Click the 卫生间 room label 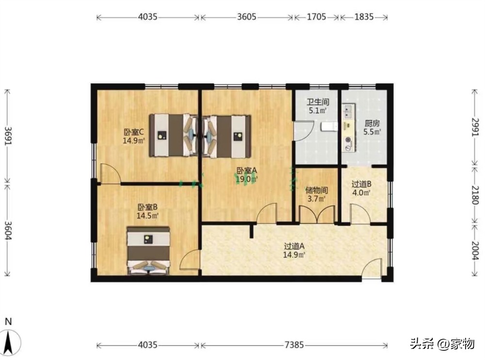pyautogui.click(x=318, y=102)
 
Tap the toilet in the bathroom pyautogui.click(x=329, y=126)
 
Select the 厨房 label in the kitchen pyautogui.click(x=372, y=124)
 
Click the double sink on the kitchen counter pyautogui.click(x=348, y=112)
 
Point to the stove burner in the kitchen pyautogui.click(x=349, y=141)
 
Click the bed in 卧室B pyautogui.click(x=148, y=250)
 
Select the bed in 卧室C pyautogui.click(x=174, y=135)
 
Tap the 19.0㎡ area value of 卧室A pyautogui.click(x=246, y=179)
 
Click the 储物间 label pyautogui.click(x=316, y=190)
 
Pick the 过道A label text pyautogui.click(x=294, y=246)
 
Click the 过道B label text pyautogui.click(x=361, y=184)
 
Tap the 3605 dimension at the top pyautogui.click(x=246, y=16)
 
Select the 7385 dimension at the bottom pyautogui.click(x=294, y=344)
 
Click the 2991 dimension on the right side pyautogui.click(x=475, y=127)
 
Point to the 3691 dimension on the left pyautogui.click(x=8, y=136)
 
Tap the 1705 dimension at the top pyautogui.click(x=316, y=16)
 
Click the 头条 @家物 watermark pyautogui.click(x=442, y=344)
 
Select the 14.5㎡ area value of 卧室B pyautogui.click(x=147, y=216)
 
